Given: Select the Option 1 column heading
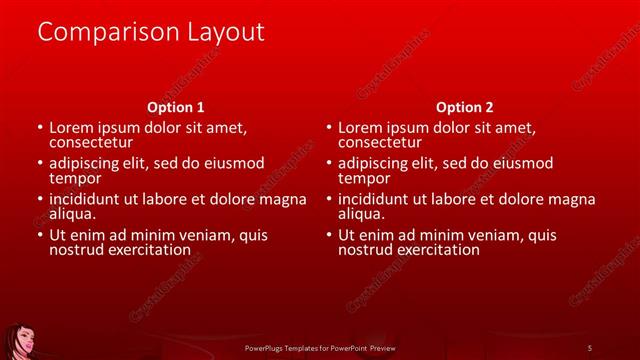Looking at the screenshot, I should click(176, 107).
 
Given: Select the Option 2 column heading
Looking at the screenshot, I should click(465, 107).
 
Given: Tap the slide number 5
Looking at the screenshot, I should click(589, 347).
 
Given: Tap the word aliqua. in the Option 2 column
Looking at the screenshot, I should click(363, 214).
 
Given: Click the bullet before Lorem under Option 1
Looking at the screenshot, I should click(40, 128).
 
